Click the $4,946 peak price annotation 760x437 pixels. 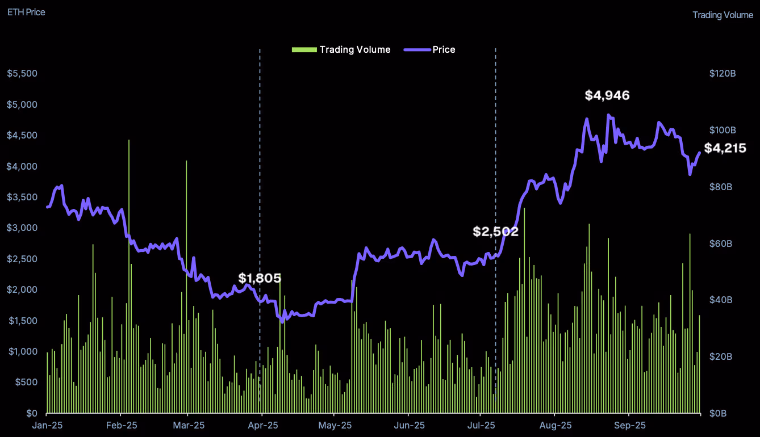point(607,95)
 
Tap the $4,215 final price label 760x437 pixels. point(725,148)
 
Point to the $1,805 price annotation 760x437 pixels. point(260,278)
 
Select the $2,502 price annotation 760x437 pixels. point(495,232)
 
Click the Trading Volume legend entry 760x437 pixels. point(341,49)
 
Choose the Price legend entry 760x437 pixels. point(430,49)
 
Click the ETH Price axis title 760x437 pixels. point(26,12)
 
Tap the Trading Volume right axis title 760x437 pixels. point(723,15)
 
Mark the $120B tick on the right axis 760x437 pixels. point(723,74)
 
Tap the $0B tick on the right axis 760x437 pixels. point(719,413)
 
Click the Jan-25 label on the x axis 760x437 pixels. point(47,425)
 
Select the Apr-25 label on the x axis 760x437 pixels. point(262,425)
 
